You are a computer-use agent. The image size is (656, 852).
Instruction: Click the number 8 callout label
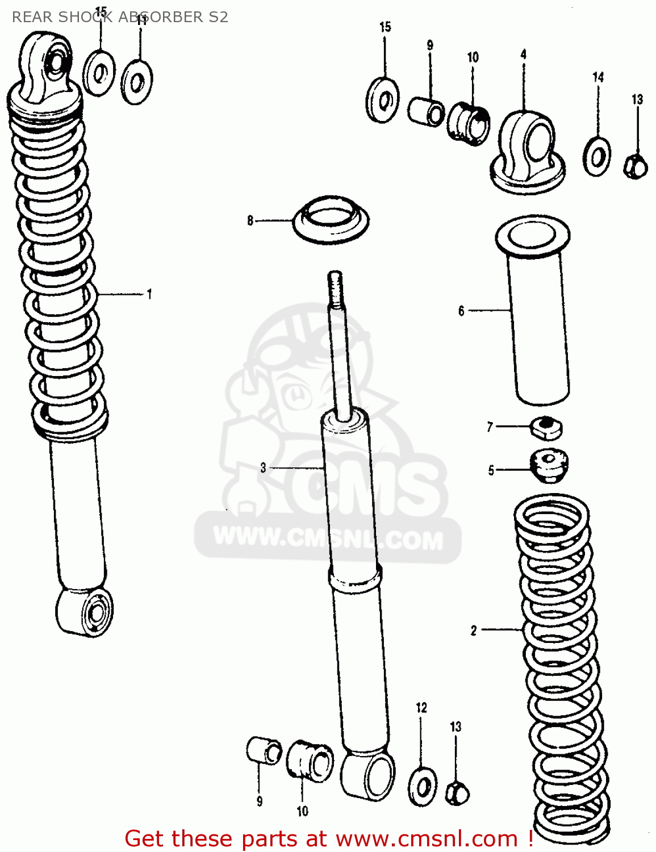pyautogui.click(x=250, y=220)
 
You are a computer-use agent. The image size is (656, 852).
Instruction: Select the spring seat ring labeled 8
pyautogui.click(x=331, y=220)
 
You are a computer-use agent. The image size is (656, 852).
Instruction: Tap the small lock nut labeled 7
pyautogui.click(x=546, y=427)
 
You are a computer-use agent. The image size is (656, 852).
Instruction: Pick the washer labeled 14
pyautogui.click(x=596, y=156)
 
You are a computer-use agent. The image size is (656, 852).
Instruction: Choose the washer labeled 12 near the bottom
pyautogui.click(x=423, y=787)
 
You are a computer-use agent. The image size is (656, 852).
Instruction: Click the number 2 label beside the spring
pyautogui.click(x=474, y=630)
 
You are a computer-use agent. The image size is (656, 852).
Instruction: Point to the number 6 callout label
pyautogui.click(x=461, y=311)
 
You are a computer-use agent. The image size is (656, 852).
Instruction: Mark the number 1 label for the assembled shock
pyautogui.click(x=149, y=294)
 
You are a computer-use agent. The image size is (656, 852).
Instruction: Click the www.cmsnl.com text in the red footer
pyautogui.click(x=427, y=839)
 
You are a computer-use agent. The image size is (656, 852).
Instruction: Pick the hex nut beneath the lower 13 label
pyautogui.click(x=457, y=792)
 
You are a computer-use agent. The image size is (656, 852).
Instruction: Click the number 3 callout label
pyautogui.click(x=263, y=467)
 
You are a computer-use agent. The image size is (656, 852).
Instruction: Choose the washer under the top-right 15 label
pyautogui.click(x=382, y=101)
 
